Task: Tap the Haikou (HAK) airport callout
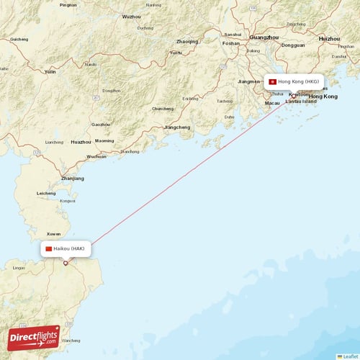[66, 248]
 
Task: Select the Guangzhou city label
[264, 36]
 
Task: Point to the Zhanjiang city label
[73, 178]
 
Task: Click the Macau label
[272, 103]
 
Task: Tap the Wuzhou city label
[132, 16]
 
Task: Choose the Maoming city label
[104, 140]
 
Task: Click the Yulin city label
[50, 72]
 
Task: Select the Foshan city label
[231, 42]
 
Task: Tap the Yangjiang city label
[178, 127]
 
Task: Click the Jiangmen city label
[249, 81]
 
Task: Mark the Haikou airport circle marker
[66, 264]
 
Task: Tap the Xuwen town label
[53, 234]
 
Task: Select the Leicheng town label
[46, 193]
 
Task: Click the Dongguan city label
[293, 45]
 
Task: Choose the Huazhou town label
[81, 142]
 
